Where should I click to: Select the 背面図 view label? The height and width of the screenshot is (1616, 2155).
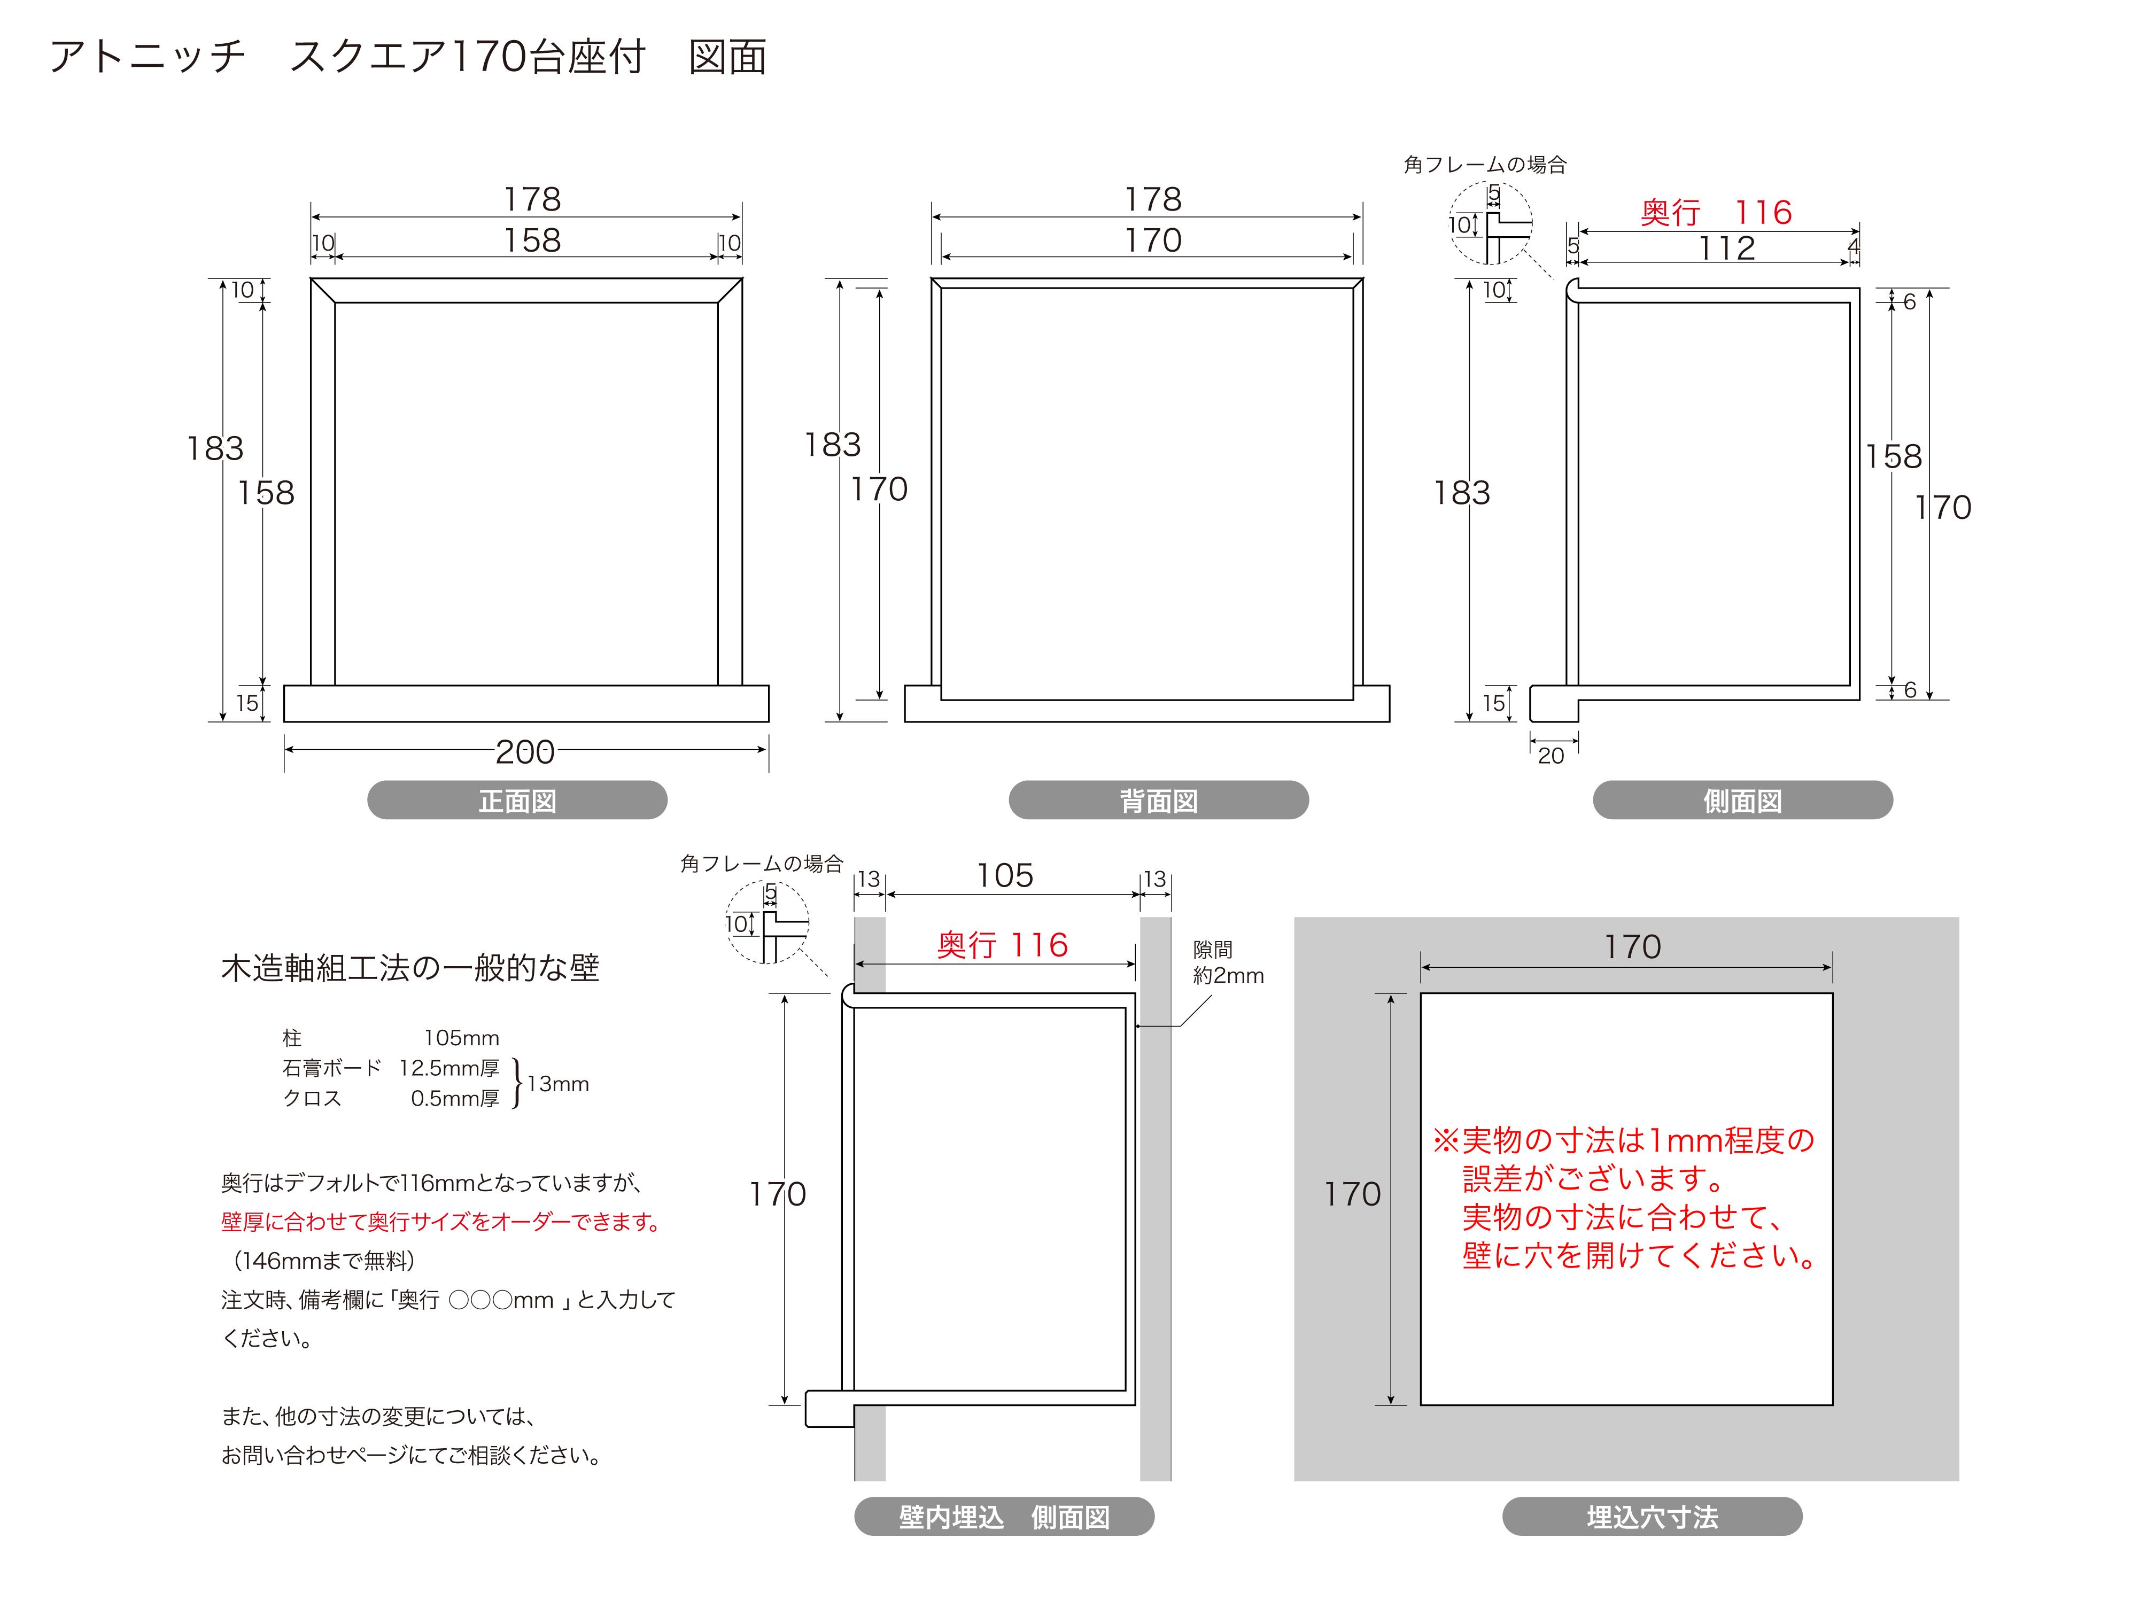[1158, 801]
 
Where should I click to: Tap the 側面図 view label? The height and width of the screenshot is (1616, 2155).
[1742, 801]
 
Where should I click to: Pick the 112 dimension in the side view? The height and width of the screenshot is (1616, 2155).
[1726, 248]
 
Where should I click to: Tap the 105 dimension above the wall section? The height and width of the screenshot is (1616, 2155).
[1004, 876]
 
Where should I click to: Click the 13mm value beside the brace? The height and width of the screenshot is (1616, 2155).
[557, 1084]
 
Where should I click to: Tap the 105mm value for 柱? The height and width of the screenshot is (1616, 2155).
[461, 1038]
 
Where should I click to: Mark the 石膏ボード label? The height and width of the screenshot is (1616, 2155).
[331, 1069]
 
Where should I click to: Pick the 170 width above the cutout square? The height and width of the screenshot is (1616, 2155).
[1632, 947]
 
